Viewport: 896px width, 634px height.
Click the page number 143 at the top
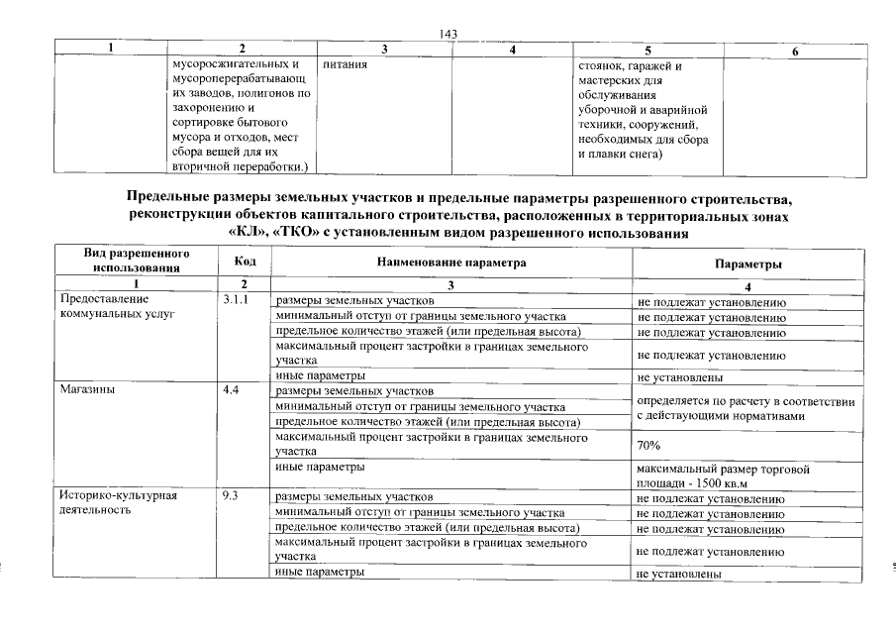coord(447,35)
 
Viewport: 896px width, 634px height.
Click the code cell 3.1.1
coord(236,299)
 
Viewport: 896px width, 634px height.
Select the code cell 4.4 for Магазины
coord(231,390)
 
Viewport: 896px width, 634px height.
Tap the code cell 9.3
coord(231,496)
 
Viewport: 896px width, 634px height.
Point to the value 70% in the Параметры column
coord(648,447)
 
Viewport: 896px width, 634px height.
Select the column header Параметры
coord(748,264)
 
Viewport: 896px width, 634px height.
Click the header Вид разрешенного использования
coord(136,261)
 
